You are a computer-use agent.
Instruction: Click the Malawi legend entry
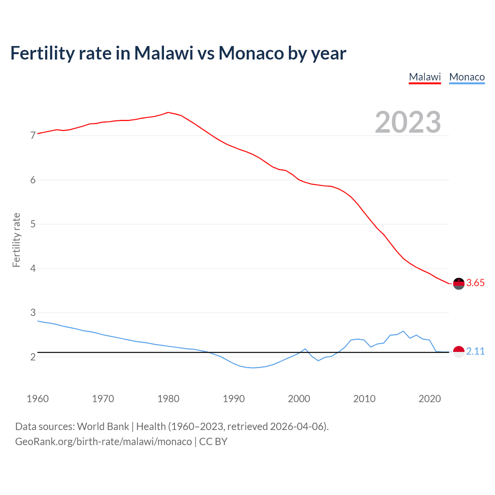(x=425, y=77)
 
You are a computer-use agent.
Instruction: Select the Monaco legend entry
(x=467, y=77)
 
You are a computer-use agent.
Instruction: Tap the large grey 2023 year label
(x=408, y=122)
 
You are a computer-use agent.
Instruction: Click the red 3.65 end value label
(x=475, y=283)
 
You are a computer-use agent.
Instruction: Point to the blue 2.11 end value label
(x=475, y=351)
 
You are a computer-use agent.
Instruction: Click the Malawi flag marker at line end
(x=459, y=283)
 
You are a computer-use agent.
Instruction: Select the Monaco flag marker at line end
(x=459, y=352)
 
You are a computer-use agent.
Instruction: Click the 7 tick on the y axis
(x=33, y=136)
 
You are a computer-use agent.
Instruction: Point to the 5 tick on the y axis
(x=33, y=224)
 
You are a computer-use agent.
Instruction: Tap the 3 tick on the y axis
(x=33, y=312)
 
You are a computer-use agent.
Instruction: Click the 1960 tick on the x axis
(x=38, y=399)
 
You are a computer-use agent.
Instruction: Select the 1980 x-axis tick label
(x=168, y=399)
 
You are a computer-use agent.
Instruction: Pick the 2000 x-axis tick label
(x=299, y=399)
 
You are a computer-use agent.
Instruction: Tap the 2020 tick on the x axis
(x=430, y=399)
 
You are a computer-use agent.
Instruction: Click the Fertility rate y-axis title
(x=16, y=240)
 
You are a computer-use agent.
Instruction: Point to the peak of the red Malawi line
(x=168, y=112)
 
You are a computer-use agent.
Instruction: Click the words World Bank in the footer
(x=103, y=427)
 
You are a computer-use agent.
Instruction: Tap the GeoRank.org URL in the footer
(x=103, y=442)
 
